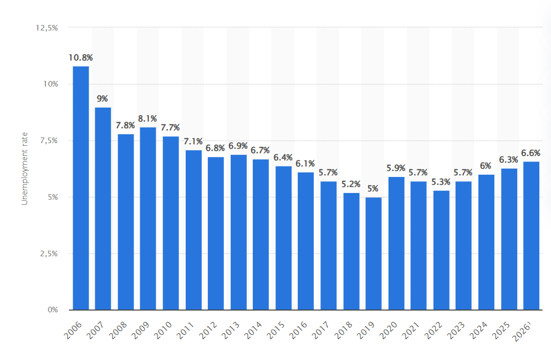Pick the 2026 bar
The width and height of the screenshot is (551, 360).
tap(531, 235)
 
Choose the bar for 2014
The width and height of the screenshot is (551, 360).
tap(261, 234)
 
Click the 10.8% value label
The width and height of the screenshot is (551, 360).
tap(81, 58)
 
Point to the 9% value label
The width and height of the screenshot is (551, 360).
tap(103, 99)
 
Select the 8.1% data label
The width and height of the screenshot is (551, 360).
tap(148, 118)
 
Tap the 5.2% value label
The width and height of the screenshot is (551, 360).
tap(351, 184)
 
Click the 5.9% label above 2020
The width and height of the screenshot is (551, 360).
tap(396, 168)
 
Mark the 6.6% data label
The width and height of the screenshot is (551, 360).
tap(531, 153)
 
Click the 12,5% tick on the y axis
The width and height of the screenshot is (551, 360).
tap(47, 27)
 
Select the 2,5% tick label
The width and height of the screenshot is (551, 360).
tap(49, 253)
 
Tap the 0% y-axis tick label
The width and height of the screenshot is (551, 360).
tap(52, 310)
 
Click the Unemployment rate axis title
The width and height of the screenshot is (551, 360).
tap(24, 169)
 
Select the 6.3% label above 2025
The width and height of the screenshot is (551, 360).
tap(509, 160)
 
